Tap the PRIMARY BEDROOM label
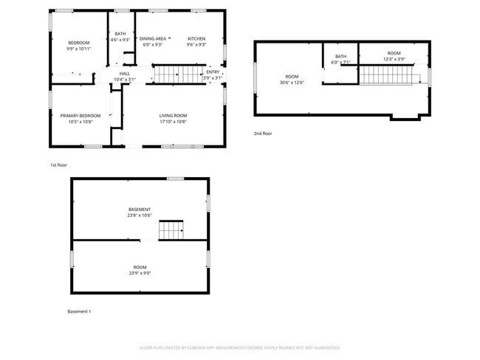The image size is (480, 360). [x=80, y=115]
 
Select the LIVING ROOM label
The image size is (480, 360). [x=174, y=115]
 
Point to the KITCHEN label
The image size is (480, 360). [x=196, y=38]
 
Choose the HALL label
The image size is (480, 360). [x=125, y=73]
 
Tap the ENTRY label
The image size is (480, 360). [x=213, y=72]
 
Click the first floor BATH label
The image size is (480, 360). [x=120, y=33]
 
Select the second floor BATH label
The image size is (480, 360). [x=340, y=56]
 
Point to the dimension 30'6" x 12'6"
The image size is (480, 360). [x=292, y=82]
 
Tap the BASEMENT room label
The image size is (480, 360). [x=140, y=210]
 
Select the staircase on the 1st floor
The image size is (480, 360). [x=177, y=75]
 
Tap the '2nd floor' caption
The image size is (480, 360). [x=263, y=133]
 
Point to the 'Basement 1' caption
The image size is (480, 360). [x=79, y=311]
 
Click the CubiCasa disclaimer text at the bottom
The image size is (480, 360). [x=240, y=347]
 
